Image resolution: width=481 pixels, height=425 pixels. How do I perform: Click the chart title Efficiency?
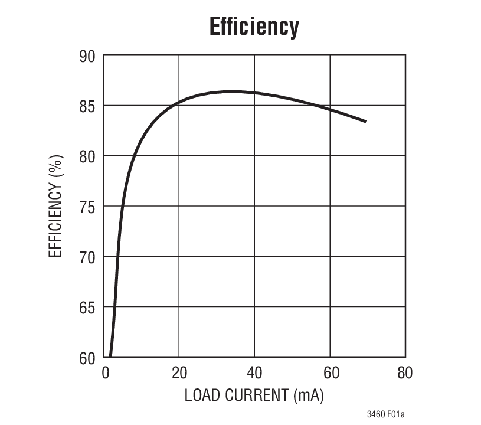(x=254, y=27)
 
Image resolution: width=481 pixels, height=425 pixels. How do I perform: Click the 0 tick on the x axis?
(x=106, y=373)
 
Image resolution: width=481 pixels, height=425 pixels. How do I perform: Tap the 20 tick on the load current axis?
(x=179, y=373)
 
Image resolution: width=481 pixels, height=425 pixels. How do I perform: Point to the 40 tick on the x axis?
(x=254, y=373)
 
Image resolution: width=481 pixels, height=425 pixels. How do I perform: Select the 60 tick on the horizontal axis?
(x=330, y=373)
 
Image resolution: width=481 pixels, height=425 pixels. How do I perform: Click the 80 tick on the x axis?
(x=405, y=373)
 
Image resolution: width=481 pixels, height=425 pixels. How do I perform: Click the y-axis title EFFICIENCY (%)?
(x=55, y=207)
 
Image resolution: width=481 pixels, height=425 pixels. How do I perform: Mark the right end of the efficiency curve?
(x=366, y=122)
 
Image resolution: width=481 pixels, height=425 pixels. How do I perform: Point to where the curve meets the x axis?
(x=110, y=357)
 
